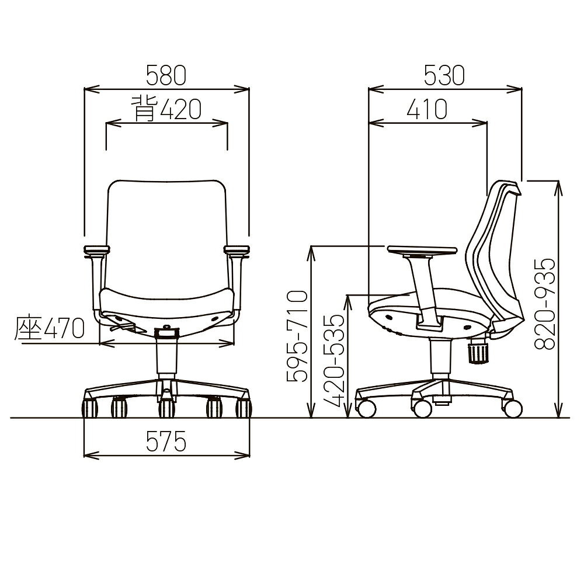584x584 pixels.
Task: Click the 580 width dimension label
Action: (x=166, y=75)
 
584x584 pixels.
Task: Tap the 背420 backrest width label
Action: (x=166, y=109)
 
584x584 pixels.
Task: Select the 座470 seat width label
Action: (x=50, y=328)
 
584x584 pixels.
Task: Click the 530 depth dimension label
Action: (x=444, y=75)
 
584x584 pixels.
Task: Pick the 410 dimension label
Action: (x=427, y=110)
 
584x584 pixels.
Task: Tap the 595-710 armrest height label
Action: (x=298, y=336)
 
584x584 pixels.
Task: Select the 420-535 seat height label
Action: (x=333, y=361)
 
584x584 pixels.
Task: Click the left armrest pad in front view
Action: (x=96, y=249)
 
